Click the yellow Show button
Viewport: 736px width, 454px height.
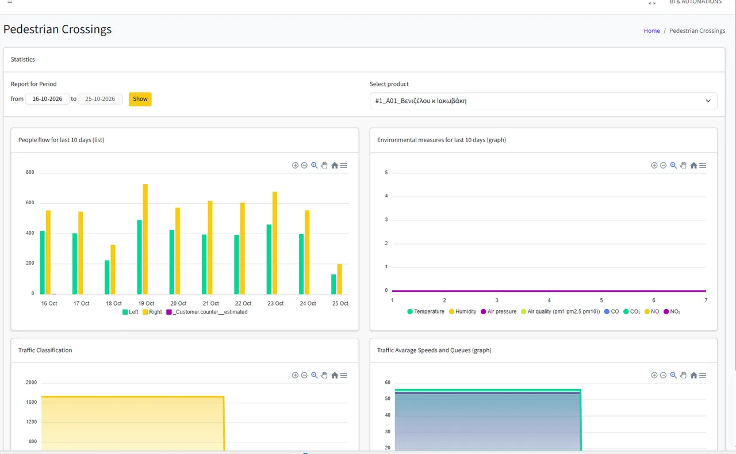[x=140, y=99]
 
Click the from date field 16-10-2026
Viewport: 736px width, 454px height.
[x=47, y=99]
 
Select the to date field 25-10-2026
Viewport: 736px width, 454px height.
[x=100, y=99]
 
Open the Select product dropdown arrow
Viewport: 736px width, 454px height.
[x=708, y=101]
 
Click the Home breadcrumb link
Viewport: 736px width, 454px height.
[x=651, y=30]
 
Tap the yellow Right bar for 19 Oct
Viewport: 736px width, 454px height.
[x=145, y=239]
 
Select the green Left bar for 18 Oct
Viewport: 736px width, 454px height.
[x=107, y=277]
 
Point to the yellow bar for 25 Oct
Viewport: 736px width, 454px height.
[x=339, y=278]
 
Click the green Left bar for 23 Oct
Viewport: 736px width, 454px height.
[x=269, y=259]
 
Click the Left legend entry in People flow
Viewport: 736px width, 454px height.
[x=130, y=312]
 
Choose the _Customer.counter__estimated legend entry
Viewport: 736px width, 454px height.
[x=207, y=312]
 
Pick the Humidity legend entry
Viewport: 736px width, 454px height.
[x=463, y=312]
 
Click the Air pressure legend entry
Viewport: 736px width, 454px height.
[x=499, y=312]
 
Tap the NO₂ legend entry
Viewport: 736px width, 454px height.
[x=672, y=312]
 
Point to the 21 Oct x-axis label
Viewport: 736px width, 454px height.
[x=210, y=303]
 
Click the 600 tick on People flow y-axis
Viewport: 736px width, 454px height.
[x=30, y=203]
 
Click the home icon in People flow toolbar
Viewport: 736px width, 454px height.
[x=335, y=165]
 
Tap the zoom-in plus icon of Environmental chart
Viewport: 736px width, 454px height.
[x=654, y=165]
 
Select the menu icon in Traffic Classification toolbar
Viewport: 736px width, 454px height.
[x=344, y=375]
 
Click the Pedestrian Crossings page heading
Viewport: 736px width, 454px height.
[x=57, y=29]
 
